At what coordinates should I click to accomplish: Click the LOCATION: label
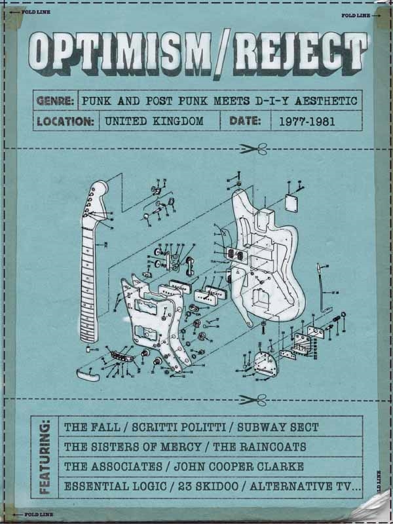click(65, 121)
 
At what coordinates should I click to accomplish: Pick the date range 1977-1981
click(305, 121)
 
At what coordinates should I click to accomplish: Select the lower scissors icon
click(252, 399)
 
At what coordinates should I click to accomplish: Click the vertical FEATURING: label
click(45, 455)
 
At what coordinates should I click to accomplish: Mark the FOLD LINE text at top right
click(356, 15)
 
